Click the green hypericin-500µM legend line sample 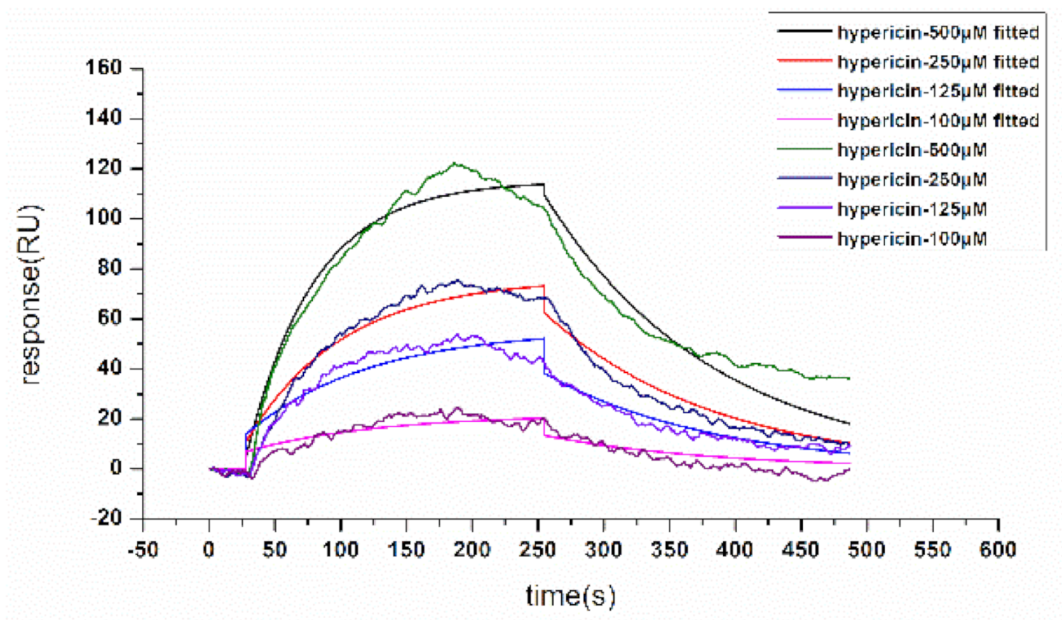(804, 150)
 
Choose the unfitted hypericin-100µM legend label (912, 239)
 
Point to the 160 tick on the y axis (104, 68)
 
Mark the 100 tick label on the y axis (104, 218)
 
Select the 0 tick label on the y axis (116, 468)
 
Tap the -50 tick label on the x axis (142, 550)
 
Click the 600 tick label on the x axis (997, 550)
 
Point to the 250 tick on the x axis (538, 550)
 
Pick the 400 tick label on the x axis (735, 550)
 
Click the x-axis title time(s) (571, 596)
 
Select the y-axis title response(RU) (30, 294)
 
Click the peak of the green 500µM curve (455, 163)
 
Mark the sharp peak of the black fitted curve (544, 184)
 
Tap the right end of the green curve (849, 378)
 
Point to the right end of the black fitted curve (849, 424)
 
